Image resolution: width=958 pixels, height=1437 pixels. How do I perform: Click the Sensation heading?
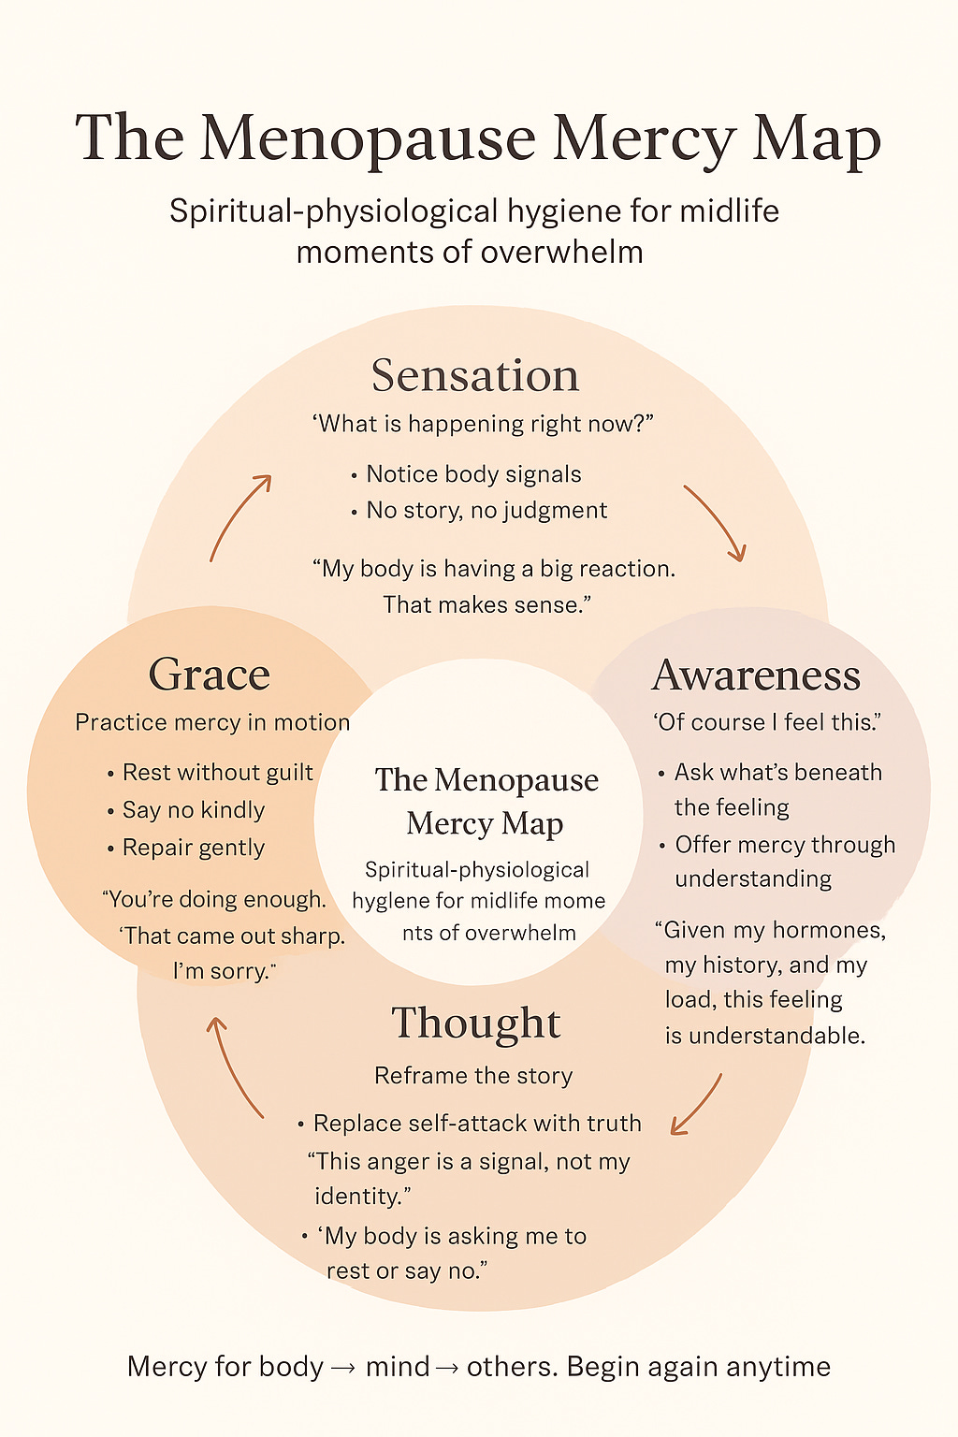coord(475,375)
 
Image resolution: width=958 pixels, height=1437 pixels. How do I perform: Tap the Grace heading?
coord(210,675)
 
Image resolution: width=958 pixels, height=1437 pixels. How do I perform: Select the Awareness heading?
coord(756,675)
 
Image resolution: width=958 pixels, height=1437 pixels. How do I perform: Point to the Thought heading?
coord(475,1023)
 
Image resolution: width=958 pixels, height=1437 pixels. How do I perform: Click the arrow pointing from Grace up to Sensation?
coord(239,517)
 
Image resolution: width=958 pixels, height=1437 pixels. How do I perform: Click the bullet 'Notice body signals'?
coord(473,474)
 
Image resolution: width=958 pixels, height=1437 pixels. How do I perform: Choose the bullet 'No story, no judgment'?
coord(486,511)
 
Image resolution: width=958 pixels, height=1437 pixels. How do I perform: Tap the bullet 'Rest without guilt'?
coord(217,773)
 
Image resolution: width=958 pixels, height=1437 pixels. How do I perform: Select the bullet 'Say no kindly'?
coord(193,810)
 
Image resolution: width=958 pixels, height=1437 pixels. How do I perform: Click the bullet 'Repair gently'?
coord(193,848)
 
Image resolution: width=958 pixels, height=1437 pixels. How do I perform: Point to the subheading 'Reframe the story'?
coord(473,1076)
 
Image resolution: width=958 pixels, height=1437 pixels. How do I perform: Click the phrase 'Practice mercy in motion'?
coord(212,722)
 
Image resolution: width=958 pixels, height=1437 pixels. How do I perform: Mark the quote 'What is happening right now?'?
coord(482,424)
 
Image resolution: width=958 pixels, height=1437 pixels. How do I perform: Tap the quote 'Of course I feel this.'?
coord(767,722)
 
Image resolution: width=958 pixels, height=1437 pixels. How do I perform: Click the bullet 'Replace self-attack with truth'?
coord(476,1124)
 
